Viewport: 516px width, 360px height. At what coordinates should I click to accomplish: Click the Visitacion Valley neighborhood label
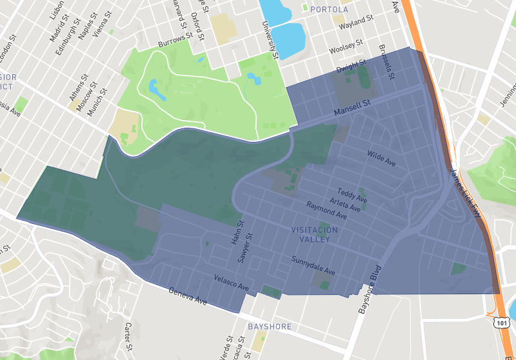tap(310, 235)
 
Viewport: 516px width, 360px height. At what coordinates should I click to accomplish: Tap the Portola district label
tap(329, 10)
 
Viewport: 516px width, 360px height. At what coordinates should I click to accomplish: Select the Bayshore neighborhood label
tap(269, 327)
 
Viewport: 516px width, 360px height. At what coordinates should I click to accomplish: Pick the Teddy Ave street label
tap(352, 195)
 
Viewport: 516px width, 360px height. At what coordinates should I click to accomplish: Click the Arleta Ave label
tap(345, 205)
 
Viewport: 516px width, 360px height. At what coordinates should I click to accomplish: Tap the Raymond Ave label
tap(326, 211)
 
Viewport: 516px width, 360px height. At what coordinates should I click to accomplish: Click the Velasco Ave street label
tap(231, 282)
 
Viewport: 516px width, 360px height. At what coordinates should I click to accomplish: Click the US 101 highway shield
tap(500, 321)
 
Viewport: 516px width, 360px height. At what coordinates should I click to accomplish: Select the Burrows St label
tap(175, 41)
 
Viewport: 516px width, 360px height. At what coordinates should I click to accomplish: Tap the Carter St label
tap(128, 334)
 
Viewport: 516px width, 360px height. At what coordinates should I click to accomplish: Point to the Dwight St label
tap(351, 66)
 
